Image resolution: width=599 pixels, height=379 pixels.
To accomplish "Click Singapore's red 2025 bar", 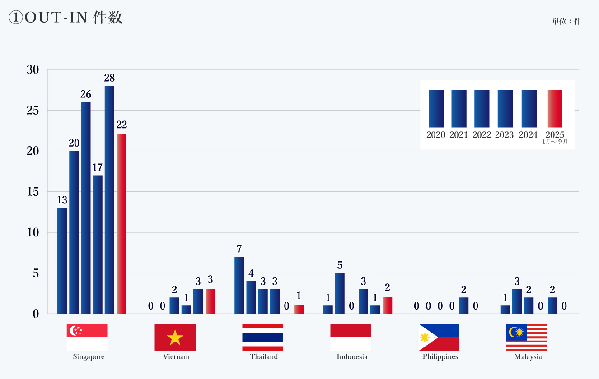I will pos(122,224).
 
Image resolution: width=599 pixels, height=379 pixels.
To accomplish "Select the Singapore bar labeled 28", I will pos(109,199).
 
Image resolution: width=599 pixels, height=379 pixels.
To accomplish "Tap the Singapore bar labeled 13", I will pos(62,260).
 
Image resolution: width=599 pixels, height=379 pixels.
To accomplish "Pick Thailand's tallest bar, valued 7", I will pos(239,285).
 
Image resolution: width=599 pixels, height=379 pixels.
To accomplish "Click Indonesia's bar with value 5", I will pos(340,293).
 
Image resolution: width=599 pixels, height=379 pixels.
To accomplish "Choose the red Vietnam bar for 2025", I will pos(210,301).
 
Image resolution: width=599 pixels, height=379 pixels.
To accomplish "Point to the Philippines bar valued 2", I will pos(463,305).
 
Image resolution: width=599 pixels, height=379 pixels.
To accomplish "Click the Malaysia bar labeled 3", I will pos(517,301).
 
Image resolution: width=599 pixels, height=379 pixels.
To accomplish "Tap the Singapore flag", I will pos(87,337).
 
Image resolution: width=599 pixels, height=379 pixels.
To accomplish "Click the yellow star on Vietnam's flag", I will pos(175,337).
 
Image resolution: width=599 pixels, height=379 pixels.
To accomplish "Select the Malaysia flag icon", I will pos(526,337).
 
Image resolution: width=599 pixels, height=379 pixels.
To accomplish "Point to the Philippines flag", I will pos(439,337).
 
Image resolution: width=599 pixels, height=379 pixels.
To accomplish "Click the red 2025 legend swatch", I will pos(555,108).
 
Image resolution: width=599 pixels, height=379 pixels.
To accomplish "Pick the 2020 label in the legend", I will pos(436,135).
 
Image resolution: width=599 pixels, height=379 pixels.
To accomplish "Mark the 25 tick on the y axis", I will pos(33,111).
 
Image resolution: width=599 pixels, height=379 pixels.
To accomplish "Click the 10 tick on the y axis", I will pos(33,232).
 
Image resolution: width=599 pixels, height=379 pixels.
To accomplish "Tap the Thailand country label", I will pos(264,356).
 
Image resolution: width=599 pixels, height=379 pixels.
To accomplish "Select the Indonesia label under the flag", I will pos(352,356).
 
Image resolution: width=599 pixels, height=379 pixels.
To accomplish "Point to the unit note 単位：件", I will pos(566,21).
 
